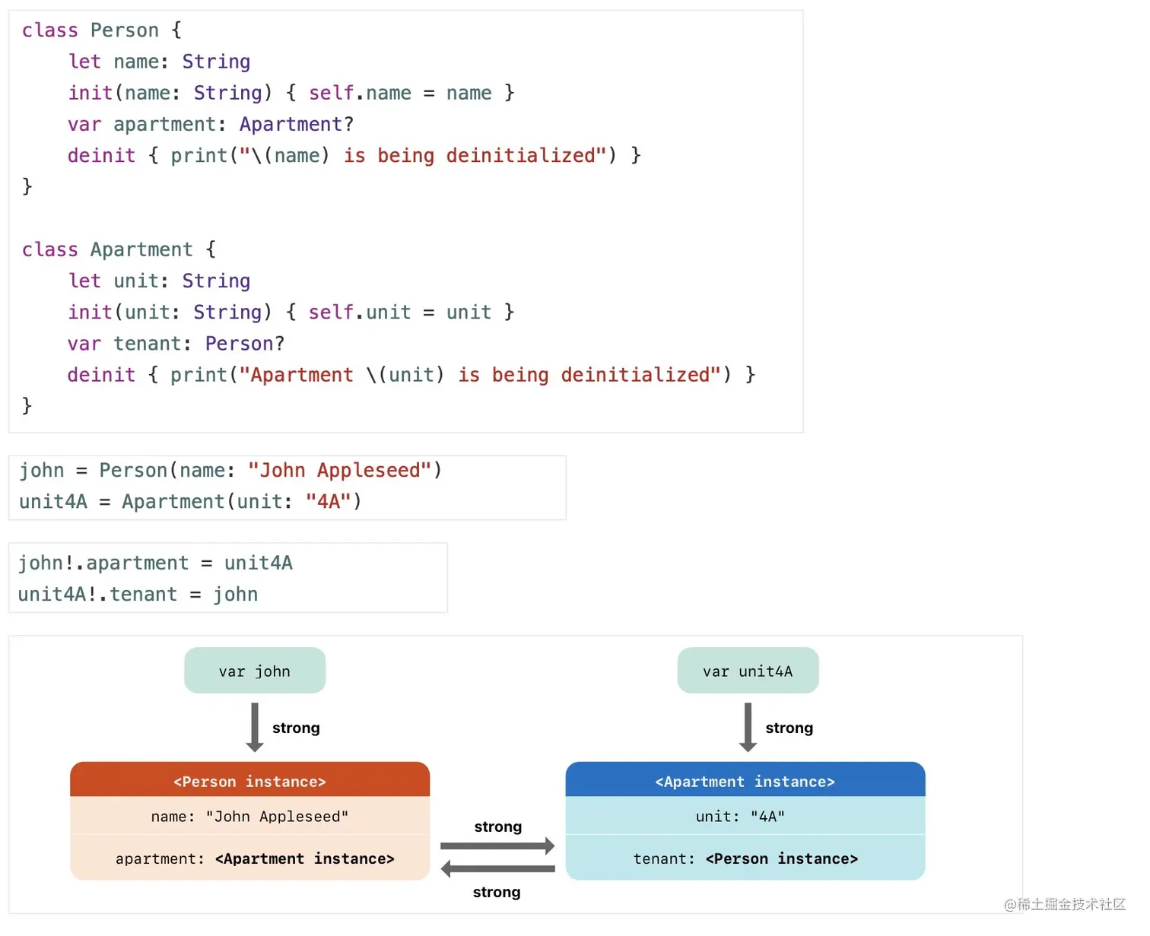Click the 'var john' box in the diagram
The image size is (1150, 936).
tap(255, 671)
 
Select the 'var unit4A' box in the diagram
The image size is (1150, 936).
tap(748, 671)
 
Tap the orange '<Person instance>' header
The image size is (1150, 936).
tap(249, 781)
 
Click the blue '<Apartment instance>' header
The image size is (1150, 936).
tap(745, 781)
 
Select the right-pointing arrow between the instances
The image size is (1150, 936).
tap(497, 846)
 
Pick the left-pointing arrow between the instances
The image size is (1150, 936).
tap(497, 868)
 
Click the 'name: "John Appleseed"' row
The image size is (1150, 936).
tap(249, 817)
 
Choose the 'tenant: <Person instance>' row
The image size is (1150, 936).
tap(745, 858)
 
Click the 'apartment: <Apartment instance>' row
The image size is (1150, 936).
tap(255, 858)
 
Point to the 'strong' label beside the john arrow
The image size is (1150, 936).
tap(296, 728)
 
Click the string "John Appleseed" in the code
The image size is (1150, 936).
tap(340, 471)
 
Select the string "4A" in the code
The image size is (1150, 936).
tap(328, 502)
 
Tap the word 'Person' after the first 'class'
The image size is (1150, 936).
tap(125, 30)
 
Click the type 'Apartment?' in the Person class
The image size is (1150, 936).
tap(297, 124)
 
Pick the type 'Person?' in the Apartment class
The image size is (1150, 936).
tap(244, 344)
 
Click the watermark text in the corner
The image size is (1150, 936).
tap(1064, 904)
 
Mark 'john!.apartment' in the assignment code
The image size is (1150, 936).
tap(103, 563)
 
